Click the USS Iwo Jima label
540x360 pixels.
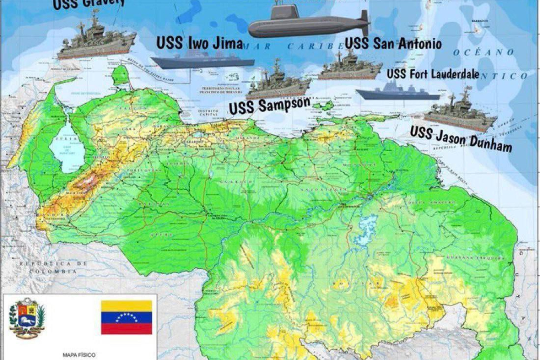[199, 44]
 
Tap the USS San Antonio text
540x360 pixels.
[393, 43]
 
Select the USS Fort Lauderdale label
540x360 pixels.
[433, 74]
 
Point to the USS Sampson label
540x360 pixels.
[269, 106]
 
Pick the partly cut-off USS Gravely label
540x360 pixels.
[89, 3]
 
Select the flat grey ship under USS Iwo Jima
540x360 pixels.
[202, 61]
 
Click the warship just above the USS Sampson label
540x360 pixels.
[278, 84]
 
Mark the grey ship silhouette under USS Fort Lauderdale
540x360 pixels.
[397, 92]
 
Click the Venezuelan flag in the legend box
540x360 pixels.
[126, 317]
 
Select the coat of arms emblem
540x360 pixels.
[26, 318]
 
